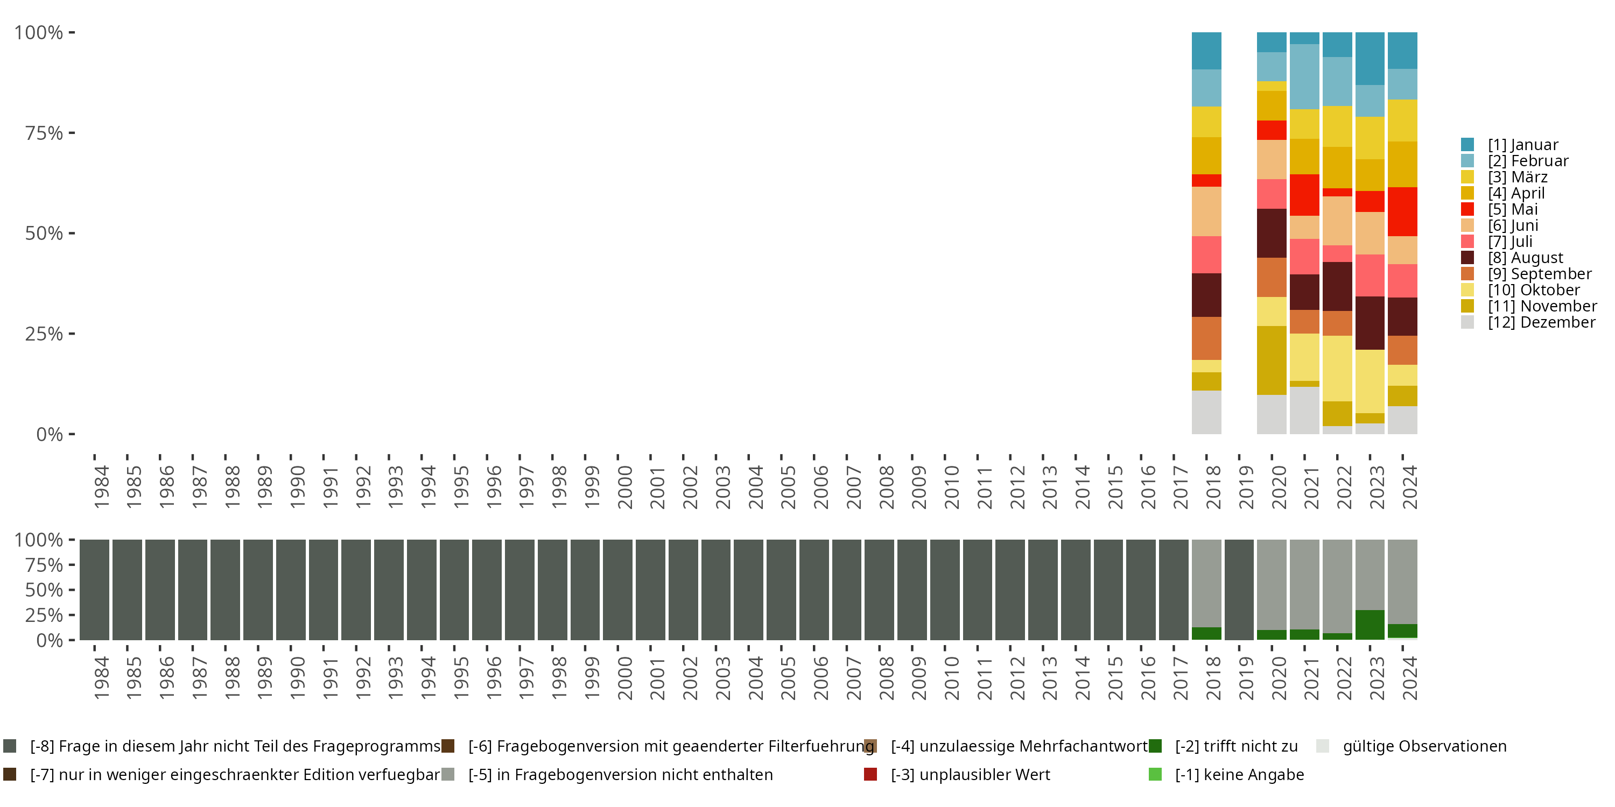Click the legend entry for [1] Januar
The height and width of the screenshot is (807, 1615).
click(x=1523, y=145)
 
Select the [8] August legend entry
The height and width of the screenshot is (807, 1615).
click(x=1525, y=258)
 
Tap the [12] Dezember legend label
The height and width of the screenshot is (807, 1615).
click(x=1541, y=322)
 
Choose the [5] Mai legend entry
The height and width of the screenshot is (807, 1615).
click(x=1513, y=209)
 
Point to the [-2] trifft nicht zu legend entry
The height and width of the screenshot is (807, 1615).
click(x=1235, y=746)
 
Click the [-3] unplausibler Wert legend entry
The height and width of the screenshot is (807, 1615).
click(x=970, y=774)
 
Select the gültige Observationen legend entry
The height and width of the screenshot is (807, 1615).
click(x=1424, y=746)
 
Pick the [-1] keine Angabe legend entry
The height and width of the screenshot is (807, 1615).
click(x=1239, y=774)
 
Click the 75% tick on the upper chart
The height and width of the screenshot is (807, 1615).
click(x=44, y=133)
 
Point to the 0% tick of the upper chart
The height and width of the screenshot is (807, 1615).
click(x=49, y=434)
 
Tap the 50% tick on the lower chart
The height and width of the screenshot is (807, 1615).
click(x=44, y=590)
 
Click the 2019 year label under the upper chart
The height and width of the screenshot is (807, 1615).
click(x=1246, y=487)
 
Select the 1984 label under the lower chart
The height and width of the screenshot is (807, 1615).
click(x=101, y=678)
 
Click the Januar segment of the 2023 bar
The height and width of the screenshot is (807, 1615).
click(x=1370, y=58)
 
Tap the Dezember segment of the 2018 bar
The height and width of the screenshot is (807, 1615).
click(x=1206, y=412)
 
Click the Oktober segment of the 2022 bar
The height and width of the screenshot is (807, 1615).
click(x=1337, y=368)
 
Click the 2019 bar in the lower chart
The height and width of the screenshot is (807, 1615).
click(x=1239, y=590)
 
